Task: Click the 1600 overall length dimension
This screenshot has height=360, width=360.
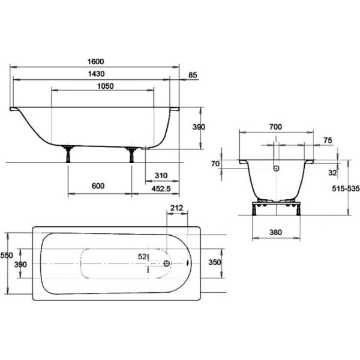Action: point(96,62)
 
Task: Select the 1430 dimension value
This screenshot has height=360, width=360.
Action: point(96,74)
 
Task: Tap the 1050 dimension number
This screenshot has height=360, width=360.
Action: point(106,86)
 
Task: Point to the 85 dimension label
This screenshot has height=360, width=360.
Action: point(193,75)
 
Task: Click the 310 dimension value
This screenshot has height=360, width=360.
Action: point(161,176)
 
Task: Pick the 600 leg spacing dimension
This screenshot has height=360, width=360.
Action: point(98,186)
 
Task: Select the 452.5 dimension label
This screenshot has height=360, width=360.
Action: point(161,189)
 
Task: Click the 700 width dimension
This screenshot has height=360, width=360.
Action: point(275,127)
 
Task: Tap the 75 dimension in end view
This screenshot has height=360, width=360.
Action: point(328,140)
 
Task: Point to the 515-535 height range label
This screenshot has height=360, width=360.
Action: point(346,188)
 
